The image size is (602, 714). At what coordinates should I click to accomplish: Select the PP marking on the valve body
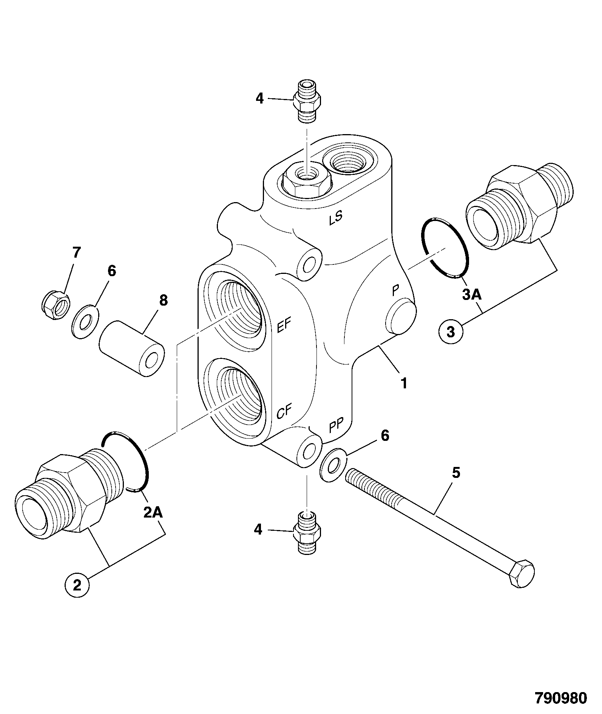point(336,426)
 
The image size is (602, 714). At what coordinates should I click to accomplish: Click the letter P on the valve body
point(395,291)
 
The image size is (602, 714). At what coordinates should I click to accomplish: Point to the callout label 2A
point(153,512)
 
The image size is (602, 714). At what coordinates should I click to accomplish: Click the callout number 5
point(456,473)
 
